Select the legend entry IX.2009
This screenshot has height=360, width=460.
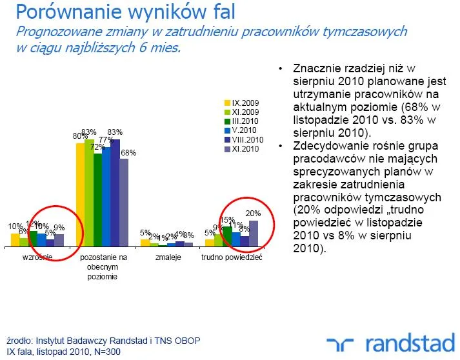245,103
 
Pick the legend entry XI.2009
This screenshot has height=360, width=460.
245,112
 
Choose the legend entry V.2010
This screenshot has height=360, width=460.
245,130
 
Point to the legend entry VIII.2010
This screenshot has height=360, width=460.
246,139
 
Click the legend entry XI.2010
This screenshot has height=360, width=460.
245,149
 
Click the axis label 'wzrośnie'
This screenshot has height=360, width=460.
38,257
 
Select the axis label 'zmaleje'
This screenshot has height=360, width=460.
167,257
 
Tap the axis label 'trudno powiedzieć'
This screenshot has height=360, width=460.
230,257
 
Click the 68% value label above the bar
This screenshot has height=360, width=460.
128,153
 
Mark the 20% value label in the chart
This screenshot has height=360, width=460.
254,214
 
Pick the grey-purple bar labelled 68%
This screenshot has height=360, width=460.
123,203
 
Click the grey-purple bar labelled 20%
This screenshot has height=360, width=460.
253,233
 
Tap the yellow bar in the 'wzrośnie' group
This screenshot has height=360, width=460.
15,239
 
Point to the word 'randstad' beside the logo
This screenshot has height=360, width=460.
409,343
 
